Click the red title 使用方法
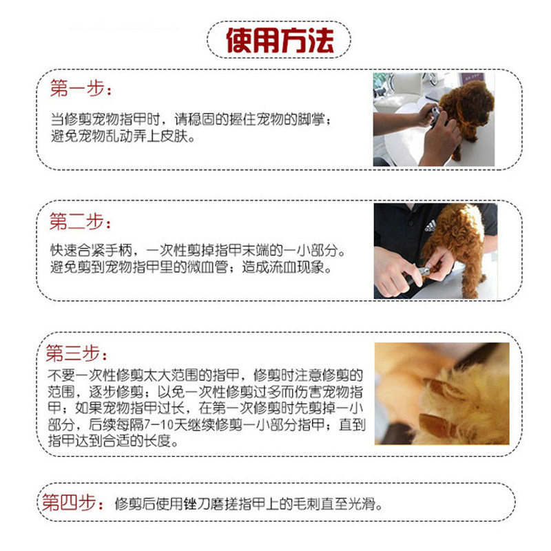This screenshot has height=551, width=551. (x=280, y=41)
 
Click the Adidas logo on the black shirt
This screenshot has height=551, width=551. (x=430, y=226)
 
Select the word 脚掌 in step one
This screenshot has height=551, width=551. (x=311, y=119)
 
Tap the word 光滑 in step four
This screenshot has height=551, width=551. (x=362, y=504)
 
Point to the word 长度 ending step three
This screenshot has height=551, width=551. (x=158, y=441)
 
